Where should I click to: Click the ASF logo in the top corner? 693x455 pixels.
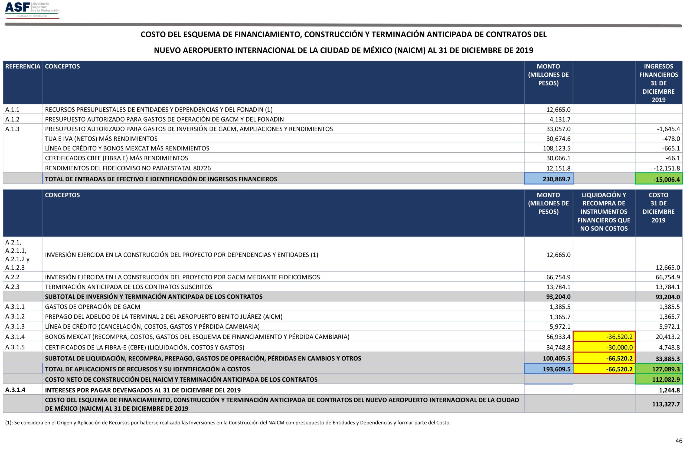(x=32, y=10)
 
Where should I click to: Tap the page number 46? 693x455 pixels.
(x=679, y=441)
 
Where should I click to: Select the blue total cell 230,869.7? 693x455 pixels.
(x=548, y=179)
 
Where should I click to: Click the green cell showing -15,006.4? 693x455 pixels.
(x=658, y=179)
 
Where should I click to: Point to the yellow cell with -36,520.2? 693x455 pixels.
(x=604, y=337)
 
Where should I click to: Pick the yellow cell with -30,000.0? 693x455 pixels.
(x=604, y=347)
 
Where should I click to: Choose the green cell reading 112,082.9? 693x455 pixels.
(x=658, y=379)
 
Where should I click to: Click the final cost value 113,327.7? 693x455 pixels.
(x=666, y=404)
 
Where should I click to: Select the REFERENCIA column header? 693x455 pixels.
(x=23, y=66)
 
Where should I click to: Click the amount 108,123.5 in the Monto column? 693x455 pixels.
(x=557, y=148)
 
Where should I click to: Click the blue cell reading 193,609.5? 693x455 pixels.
(x=548, y=369)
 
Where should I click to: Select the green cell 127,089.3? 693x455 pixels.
(x=658, y=369)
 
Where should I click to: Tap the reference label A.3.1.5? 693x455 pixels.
(x=15, y=347)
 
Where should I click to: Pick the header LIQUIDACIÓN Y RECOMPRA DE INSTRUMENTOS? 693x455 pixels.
(x=604, y=212)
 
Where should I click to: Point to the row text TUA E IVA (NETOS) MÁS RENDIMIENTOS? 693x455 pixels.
(x=101, y=139)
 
